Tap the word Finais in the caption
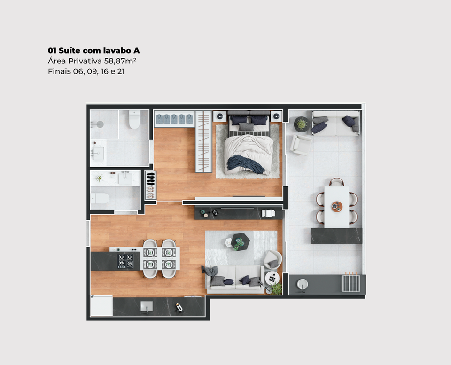[57, 72]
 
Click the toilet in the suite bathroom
[134, 119]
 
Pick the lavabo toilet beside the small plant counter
[100, 198]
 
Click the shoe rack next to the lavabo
[151, 185]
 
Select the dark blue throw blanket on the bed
[246, 164]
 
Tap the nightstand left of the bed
[220, 116]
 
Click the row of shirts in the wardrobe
[174, 119]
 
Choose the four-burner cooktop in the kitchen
[125, 261]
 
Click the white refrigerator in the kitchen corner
[101, 306]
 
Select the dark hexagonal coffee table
[240, 241]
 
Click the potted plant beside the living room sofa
[277, 287]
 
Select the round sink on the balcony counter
[303, 284]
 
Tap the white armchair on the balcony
[300, 144]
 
